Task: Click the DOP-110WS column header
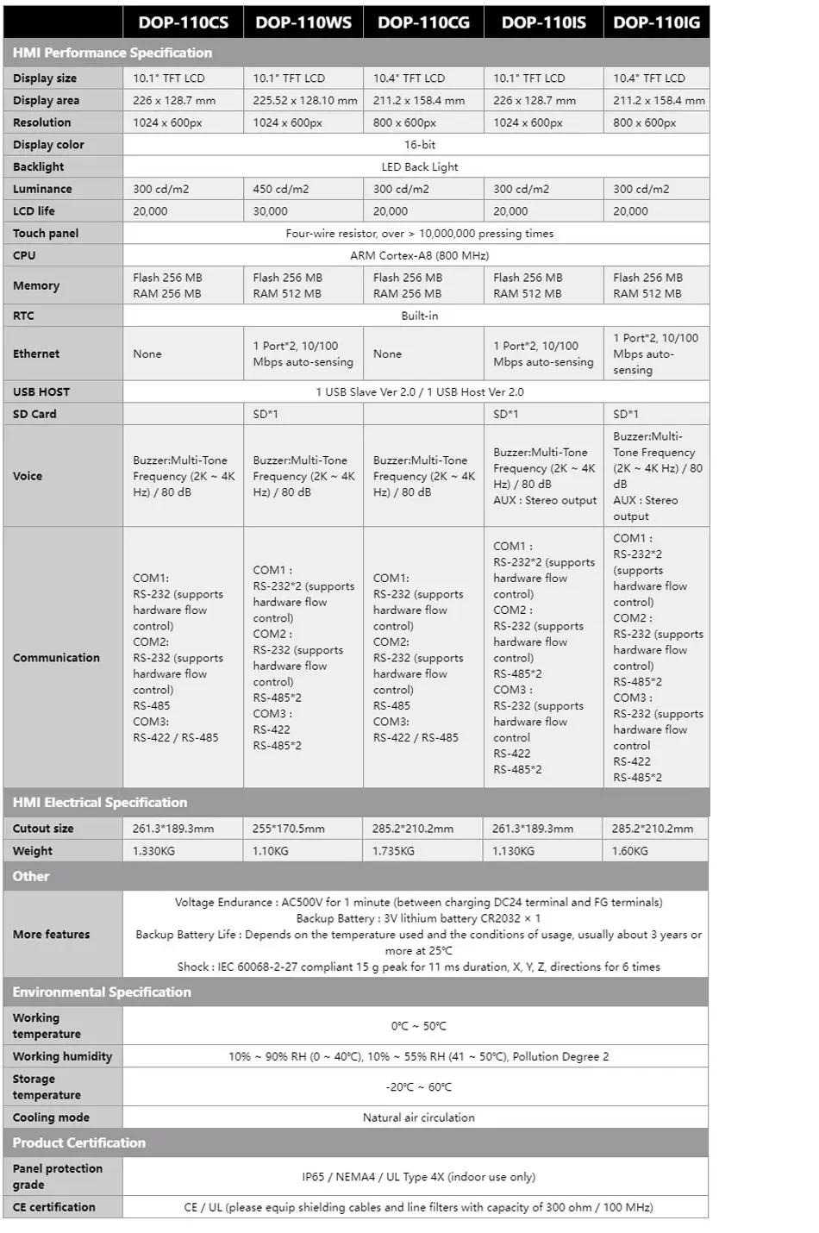(x=303, y=22)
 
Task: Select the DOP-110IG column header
(x=656, y=22)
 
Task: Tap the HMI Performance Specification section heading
(x=112, y=53)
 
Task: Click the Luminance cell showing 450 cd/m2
(x=281, y=189)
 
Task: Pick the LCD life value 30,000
(x=271, y=211)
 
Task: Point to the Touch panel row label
(x=46, y=234)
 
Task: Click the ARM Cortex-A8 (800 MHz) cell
(x=419, y=256)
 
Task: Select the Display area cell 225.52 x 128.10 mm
(x=304, y=101)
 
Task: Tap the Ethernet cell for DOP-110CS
(x=147, y=354)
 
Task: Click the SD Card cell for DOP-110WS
(x=266, y=415)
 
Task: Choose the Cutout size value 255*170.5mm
(x=289, y=829)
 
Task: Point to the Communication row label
(x=56, y=658)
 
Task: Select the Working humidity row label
(x=62, y=1057)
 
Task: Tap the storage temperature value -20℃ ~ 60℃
(x=419, y=1087)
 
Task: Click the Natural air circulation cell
(x=418, y=1117)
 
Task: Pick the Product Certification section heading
(x=79, y=1143)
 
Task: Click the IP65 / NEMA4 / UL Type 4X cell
(x=418, y=1177)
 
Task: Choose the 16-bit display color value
(x=420, y=145)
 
